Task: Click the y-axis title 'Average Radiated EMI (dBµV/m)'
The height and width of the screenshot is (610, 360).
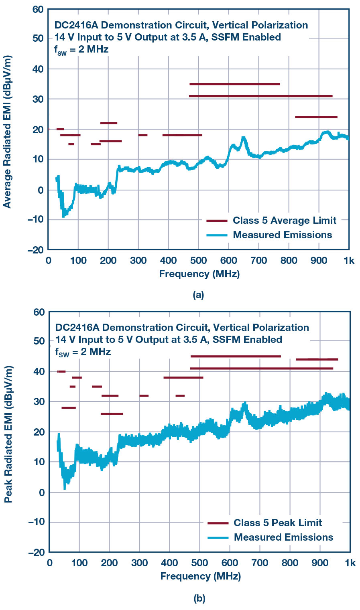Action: [8, 132]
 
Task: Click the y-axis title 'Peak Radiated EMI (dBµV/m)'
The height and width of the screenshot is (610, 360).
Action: [8, 434]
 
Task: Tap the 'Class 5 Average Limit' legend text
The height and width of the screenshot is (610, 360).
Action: [284, 221]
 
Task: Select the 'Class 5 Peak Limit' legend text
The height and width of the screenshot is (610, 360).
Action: [278, 523]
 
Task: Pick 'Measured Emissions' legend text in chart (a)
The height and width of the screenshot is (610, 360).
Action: [282, 235]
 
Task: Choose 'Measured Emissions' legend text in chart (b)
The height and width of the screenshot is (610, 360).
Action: [283, 537]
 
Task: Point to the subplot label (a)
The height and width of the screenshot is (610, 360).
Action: [198, 295]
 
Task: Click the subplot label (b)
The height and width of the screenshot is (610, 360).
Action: [199, 599]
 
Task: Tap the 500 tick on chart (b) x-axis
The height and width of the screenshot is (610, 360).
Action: [199, 563]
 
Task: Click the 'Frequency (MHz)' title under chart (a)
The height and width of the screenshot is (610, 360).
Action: [199, 274]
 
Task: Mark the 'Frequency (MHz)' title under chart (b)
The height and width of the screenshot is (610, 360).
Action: [200, 576]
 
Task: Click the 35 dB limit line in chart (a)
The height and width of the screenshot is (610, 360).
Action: [235, 84]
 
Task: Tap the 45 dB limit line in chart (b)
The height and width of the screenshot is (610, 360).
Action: [236, 356]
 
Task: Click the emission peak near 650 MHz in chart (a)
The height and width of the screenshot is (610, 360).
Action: [243, 138]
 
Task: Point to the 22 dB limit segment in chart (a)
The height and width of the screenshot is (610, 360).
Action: [108, 123]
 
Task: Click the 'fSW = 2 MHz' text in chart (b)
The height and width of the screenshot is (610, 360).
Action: [83, 352]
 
